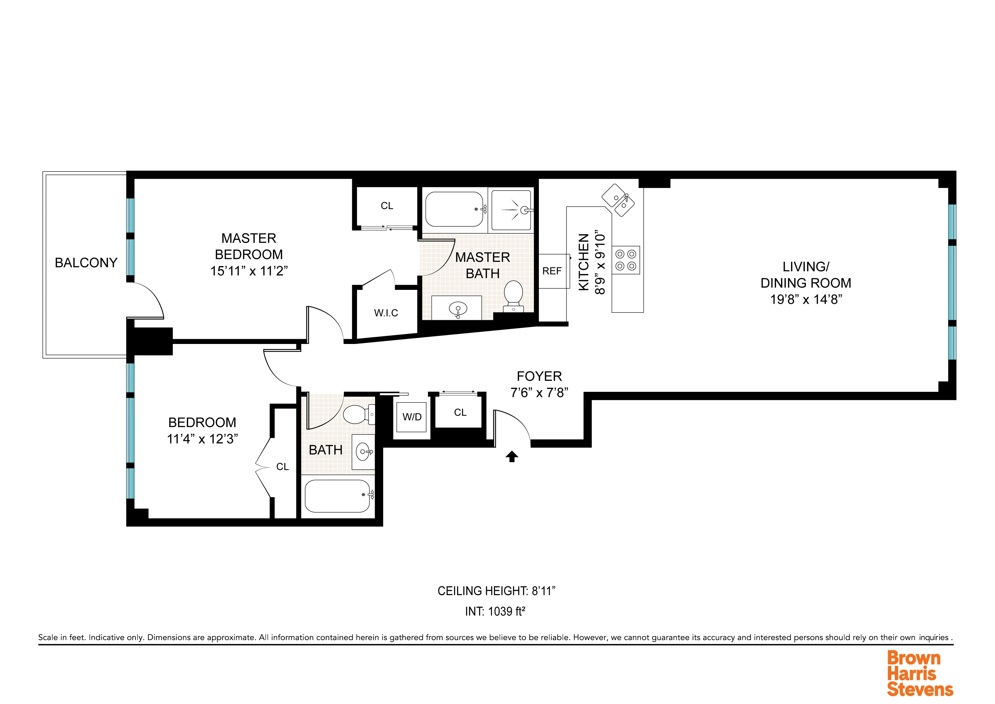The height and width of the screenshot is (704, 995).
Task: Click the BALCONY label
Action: [x=86, y=263]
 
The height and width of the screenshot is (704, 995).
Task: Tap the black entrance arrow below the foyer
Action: [x=512, y=456]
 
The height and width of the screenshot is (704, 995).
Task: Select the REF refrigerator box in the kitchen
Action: [x=552, y=271]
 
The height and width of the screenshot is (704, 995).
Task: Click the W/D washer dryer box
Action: [x=412, y=417]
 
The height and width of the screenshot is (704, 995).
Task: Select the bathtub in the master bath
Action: [x=454, y=209]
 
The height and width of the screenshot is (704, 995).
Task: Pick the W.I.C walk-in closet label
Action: [x=386, y=313]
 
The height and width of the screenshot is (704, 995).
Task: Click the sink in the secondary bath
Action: [x=363, y=452]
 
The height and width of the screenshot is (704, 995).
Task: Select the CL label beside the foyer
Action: [x=460, y=413]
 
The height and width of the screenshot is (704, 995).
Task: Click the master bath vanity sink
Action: [x=458, y=309]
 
